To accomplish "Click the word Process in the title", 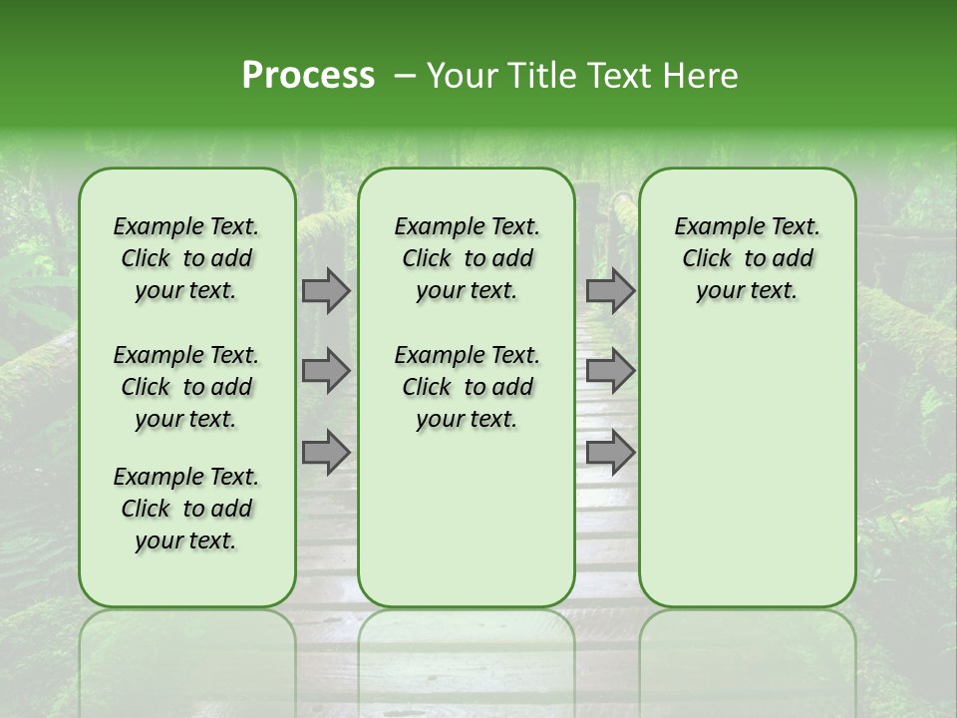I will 308,76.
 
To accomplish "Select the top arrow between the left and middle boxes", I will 326,290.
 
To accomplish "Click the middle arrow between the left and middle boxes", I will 326,371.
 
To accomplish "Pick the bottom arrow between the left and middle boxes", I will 326,453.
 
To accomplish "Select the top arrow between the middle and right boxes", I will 610,290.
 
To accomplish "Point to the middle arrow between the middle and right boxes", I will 610,371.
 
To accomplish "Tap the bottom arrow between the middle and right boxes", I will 610,453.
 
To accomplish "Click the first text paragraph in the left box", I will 186,258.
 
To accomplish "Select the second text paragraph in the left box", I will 186,387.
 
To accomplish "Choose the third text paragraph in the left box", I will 186,509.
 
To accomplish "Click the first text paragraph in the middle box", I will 467,258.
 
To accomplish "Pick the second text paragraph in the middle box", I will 467,387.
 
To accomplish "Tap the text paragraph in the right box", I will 747,258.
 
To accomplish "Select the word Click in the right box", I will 707,259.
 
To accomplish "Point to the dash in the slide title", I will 404,77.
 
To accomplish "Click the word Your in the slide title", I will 457,76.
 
